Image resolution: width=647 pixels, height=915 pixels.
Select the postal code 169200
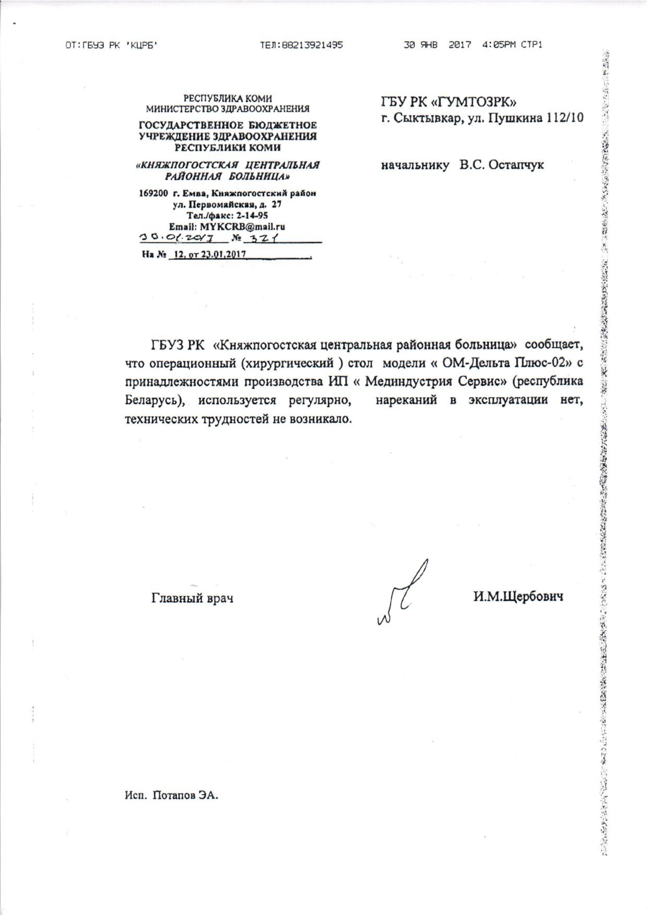(153, 194)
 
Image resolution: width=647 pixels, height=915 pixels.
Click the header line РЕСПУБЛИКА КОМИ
(228, 98)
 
